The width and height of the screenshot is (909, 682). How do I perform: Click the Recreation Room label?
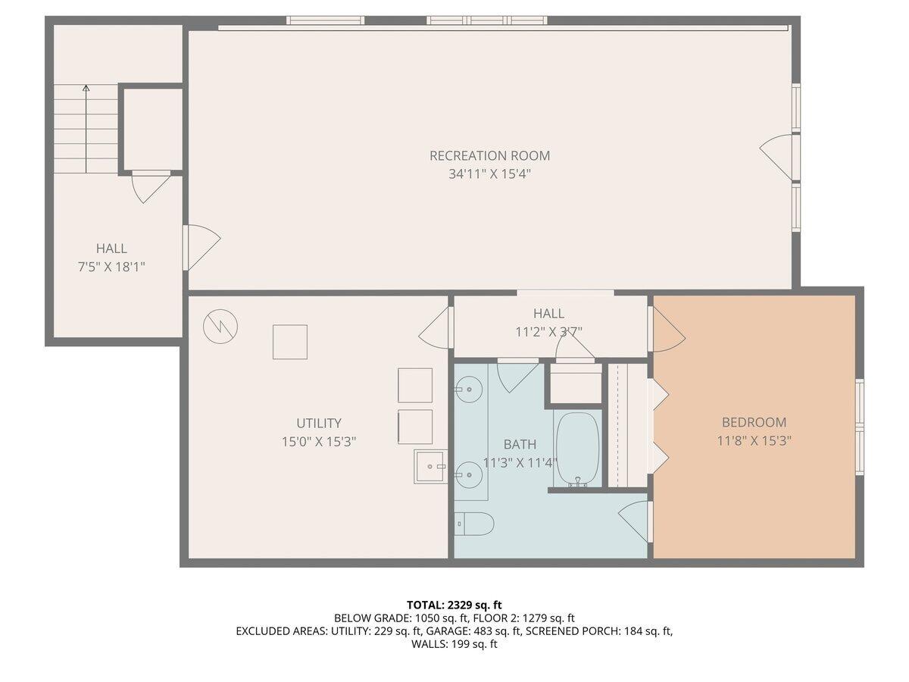click(x=489, y=155)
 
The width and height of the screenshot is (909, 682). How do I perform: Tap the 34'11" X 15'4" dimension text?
click(x=489, y=174)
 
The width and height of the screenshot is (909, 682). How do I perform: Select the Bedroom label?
click(x=754, y=422)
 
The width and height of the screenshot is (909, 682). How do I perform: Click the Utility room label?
click(x=319, y=423)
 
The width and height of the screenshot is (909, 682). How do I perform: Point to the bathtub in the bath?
click(x=578, y=449)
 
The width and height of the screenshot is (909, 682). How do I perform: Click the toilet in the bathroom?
click(x=474, y=524)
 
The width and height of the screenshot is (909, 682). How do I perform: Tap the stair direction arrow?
click(x=86, y=129)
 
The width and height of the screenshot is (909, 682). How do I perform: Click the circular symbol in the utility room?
click(x=220, y=327)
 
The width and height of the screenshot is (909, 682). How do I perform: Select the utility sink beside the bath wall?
click(x=431, y=467)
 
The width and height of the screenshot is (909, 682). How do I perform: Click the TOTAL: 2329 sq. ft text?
click(x=454, y=605)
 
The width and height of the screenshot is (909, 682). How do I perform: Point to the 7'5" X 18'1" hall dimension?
click(x=111, y=267)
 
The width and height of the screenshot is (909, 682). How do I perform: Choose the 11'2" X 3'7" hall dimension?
click(x=548, y=332)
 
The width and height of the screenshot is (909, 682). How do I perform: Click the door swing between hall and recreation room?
click(x=202, y=248)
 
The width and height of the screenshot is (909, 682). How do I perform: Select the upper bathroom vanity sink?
click(x=468, y=389)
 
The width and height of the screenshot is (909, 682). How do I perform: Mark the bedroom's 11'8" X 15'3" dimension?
click(x=754, y=440)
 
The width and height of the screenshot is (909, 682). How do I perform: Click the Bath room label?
click(x=520, y=444)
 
